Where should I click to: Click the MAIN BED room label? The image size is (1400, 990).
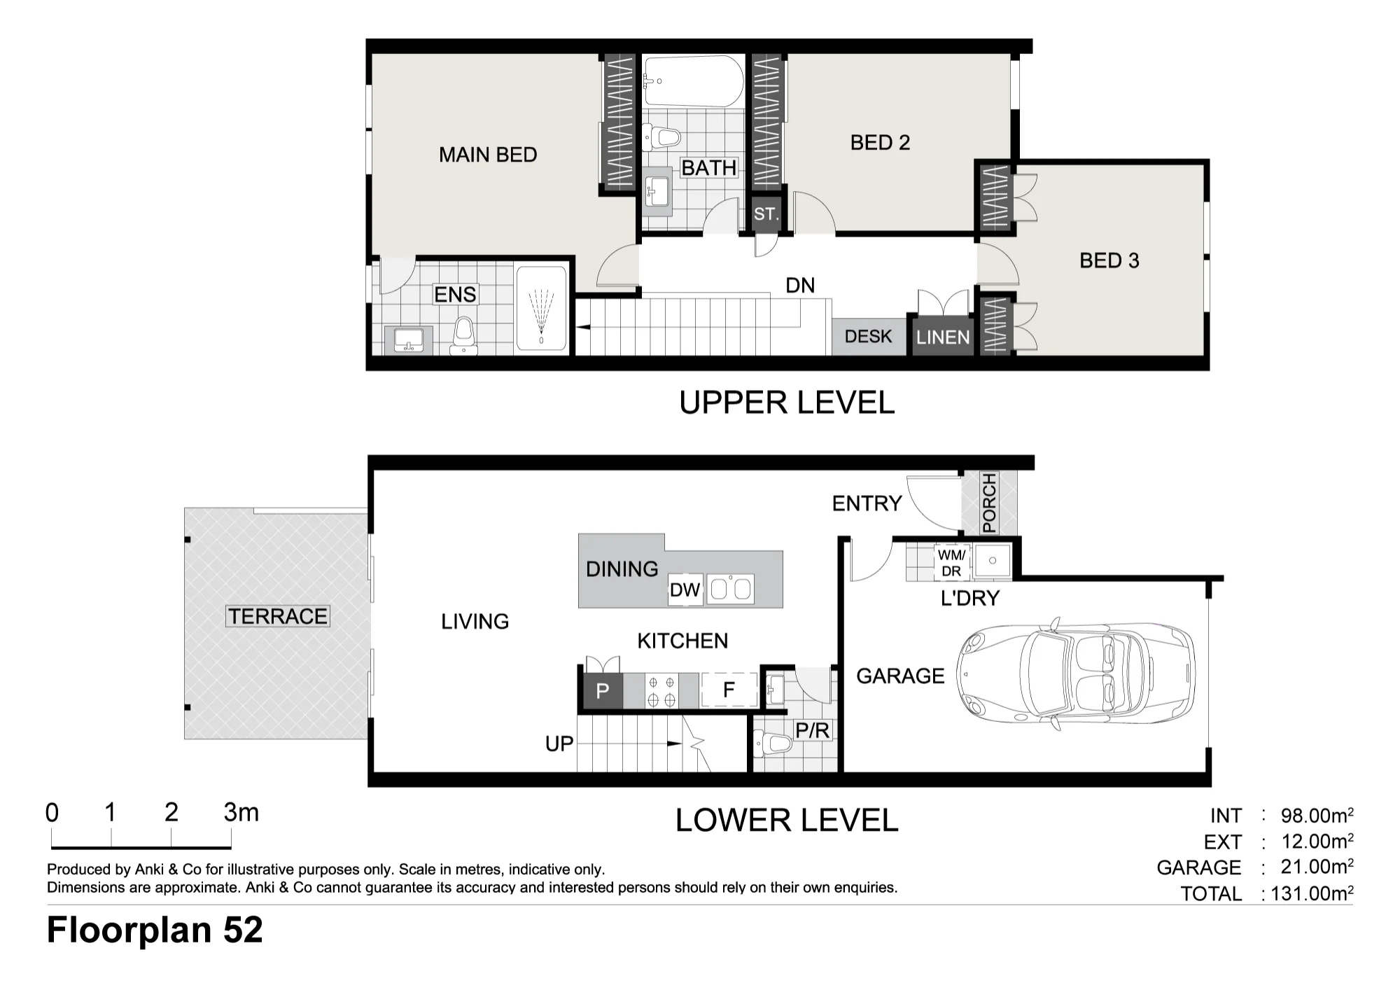click(488, 155)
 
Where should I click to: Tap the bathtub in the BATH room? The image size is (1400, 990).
click(693, 82)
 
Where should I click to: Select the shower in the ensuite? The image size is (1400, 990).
click(541, 308)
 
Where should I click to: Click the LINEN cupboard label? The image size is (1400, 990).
click(943, 337)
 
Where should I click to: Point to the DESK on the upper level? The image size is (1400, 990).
click(869, 337)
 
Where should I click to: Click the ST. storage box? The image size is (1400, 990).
click(766, 214)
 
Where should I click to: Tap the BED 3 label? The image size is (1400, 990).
click(1109, 260)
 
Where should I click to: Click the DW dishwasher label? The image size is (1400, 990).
click(685, 590)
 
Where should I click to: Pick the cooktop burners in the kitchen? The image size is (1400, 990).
click(661, 691)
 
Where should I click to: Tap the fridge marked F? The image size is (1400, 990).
click(729, 690)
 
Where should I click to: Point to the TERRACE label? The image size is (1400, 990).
click(278, 616)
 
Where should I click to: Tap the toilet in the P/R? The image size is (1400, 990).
click(772, 743)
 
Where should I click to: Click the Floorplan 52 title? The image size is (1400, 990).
click(155, 930)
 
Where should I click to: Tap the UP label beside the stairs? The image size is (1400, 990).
click(559, 744)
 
